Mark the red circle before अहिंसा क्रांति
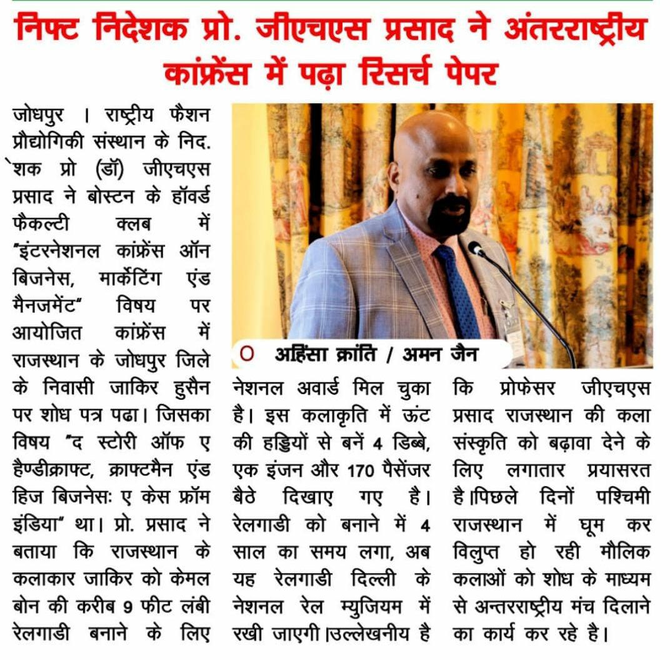pos(247,355)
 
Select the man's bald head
pos(431,135)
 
